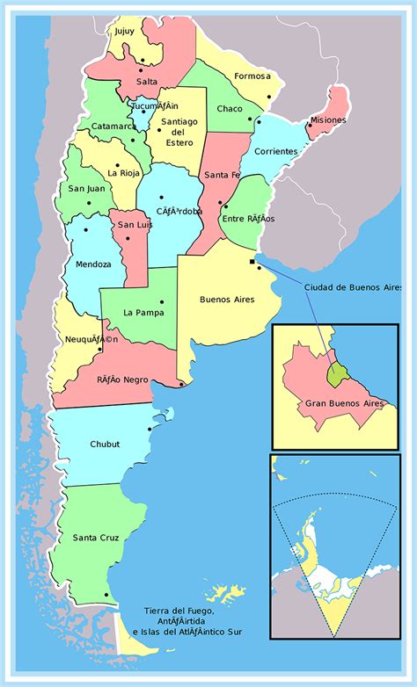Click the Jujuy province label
pyautogui.click(x=124, y=32)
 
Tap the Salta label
pyautogui.click(x=147, y=82)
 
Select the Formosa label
pyautogui.click(x=252, y=76)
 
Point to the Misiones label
pyautogui.click(x=328, y=120)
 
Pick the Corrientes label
pyautogui.click(x=275, y=151)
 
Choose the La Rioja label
pyautogui.click(x=124, y=172)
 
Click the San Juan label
pyautogui.click(x=85, y=188)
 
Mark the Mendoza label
pyautogui.click(x=93, y=264)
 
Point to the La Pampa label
pyautogui.click(x=140, y=312)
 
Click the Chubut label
pyautogui.click(x=105, y=445)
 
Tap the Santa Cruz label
pyautogui.click(x=96, y=538)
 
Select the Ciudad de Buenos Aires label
pyautogui.click(x=359, y=287)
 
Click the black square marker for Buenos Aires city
pyautogui.click(x=252, y=261)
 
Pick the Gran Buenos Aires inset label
pyautogui.click(x=345, y=403)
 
